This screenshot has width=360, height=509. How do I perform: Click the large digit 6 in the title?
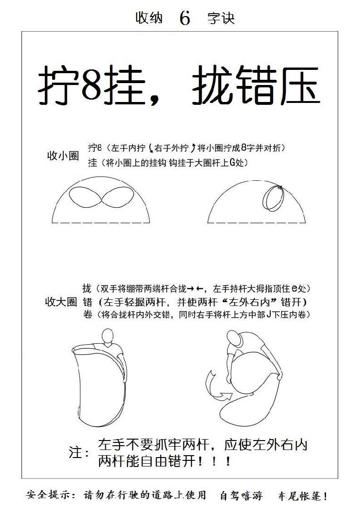185,18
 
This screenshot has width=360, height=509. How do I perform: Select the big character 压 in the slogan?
300,85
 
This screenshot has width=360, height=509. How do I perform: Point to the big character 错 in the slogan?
257,85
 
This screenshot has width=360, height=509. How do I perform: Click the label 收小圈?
63,156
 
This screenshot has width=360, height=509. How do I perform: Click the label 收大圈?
61,302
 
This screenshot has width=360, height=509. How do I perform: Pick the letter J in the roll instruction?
268,314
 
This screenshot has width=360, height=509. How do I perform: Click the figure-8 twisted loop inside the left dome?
102,197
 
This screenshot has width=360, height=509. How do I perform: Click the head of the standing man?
108,336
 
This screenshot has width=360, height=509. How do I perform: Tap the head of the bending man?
235,339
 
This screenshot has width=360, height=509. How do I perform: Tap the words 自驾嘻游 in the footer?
241,496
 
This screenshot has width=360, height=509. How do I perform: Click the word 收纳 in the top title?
149,18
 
